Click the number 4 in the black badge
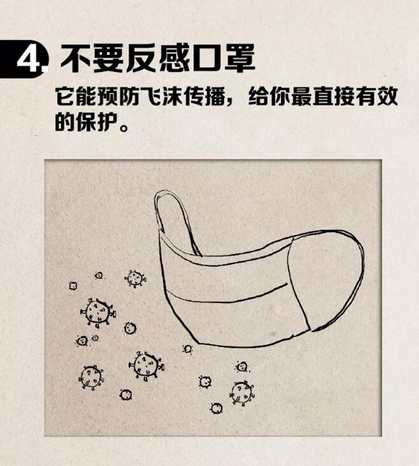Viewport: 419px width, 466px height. pyautogui.click(x=29, y=60)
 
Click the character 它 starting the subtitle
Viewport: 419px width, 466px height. pyautogui.click(x=65, y=96)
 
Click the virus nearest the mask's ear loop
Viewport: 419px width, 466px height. pyautogui.click(x=136, y=278)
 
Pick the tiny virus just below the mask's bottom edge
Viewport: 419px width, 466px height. pyautogui.click(x=187, y=349)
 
